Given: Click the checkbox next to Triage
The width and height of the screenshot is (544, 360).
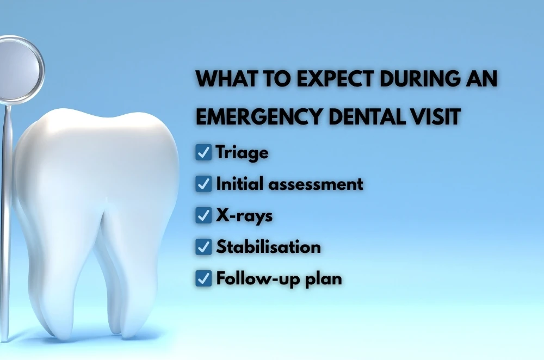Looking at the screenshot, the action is click(x=203, y=153).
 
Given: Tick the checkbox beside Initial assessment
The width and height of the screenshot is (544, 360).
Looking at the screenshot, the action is click(x=203, y=184).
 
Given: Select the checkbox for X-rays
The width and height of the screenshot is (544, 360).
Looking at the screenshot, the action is click(x=203, y=215).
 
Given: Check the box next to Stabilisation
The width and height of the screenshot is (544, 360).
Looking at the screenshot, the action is click(x=203, y=246).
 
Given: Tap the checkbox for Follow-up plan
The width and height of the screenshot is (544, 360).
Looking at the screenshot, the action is click(x=203, y=278).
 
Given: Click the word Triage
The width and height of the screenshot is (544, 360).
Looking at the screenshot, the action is click(x=242, y=153).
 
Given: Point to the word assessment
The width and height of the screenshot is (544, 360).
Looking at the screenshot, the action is click(x=316, y=184).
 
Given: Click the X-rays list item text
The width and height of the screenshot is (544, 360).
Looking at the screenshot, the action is click(x=244, y=216).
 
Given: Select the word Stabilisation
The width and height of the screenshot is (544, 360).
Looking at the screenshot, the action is click(x=269, y=246).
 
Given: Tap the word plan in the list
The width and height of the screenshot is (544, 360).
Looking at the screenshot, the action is click(x=323, y=280).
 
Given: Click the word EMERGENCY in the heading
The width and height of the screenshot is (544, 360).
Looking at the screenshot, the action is click(x=259, y=116).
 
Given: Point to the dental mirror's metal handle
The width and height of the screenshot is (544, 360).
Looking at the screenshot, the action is click(x=5, y=222).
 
